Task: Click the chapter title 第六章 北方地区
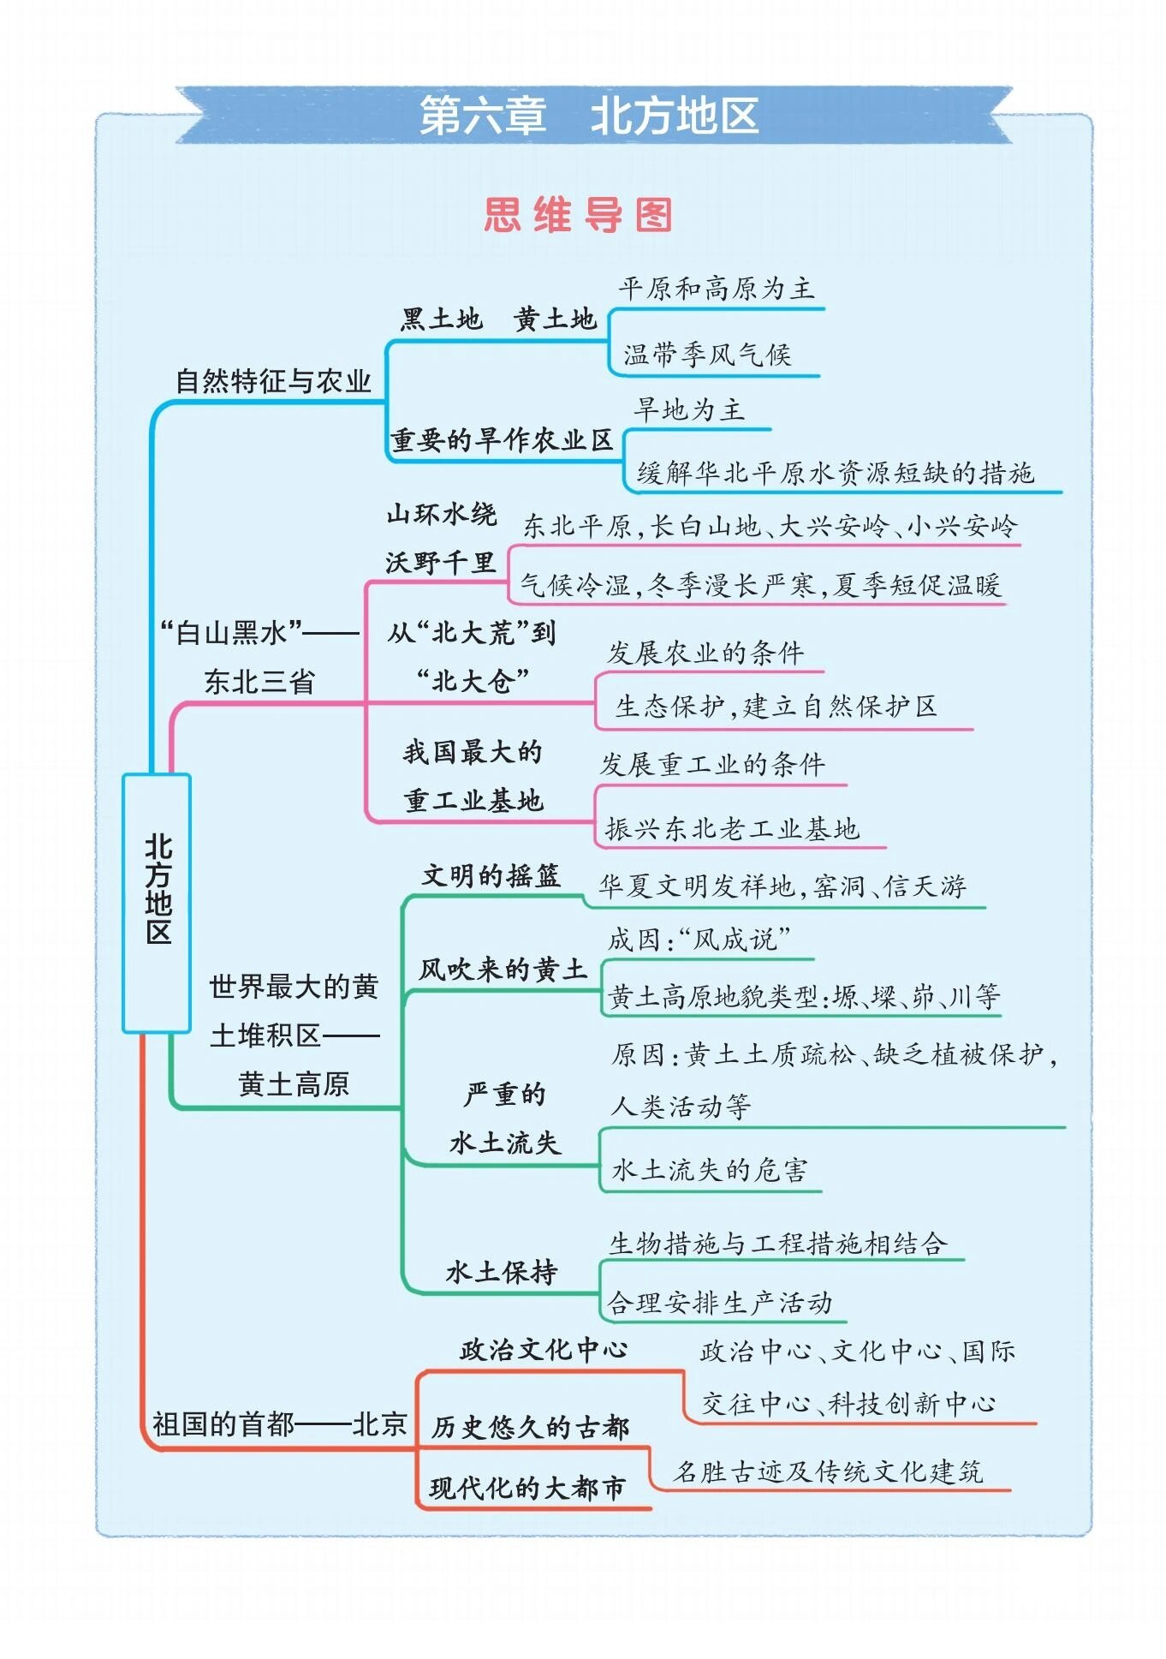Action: tap(589, 116)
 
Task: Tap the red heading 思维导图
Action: tap(578, 214)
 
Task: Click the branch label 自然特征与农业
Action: tap(273, 381)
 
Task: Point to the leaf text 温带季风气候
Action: tap(707, 355)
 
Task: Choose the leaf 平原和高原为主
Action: tap(716, 289)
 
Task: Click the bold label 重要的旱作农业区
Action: tap(502, 440)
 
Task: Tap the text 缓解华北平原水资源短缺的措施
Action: tap(835, 473)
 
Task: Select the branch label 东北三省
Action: tap(259, 682)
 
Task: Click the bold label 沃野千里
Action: tap(440, 563)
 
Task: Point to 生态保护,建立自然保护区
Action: tap(776, 707)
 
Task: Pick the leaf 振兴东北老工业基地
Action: tap(732, 828)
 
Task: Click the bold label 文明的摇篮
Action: tap(491, 876)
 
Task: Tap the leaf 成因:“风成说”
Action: tap(699, 940)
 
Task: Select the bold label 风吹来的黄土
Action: tap(503, 970)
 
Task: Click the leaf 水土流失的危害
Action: tap(709, 1170)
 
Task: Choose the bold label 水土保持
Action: tap(502, 1272)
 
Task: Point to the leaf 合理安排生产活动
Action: tap(719, 1303)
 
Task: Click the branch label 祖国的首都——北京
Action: tap(279, 1424)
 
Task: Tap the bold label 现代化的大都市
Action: tap(527, 1489)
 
